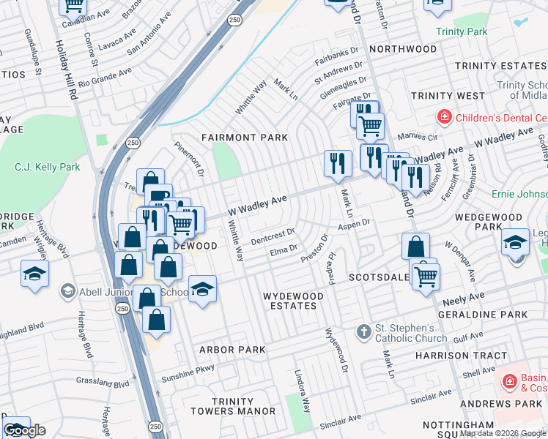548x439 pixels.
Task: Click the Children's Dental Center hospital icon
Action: pos(444,117)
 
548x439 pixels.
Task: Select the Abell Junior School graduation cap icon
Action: pos(68,290)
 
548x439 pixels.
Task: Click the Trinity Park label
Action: pos(461,31)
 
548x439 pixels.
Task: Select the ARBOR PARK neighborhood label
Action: pos(232,350)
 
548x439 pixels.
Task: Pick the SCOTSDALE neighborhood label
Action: pos(379,278)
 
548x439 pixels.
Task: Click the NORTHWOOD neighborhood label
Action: pos(403,49)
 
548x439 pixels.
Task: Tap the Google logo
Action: pos(24,430)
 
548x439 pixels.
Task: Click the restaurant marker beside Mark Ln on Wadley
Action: pos(336,162)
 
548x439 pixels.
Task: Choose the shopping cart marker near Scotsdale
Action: pos(426,276)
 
